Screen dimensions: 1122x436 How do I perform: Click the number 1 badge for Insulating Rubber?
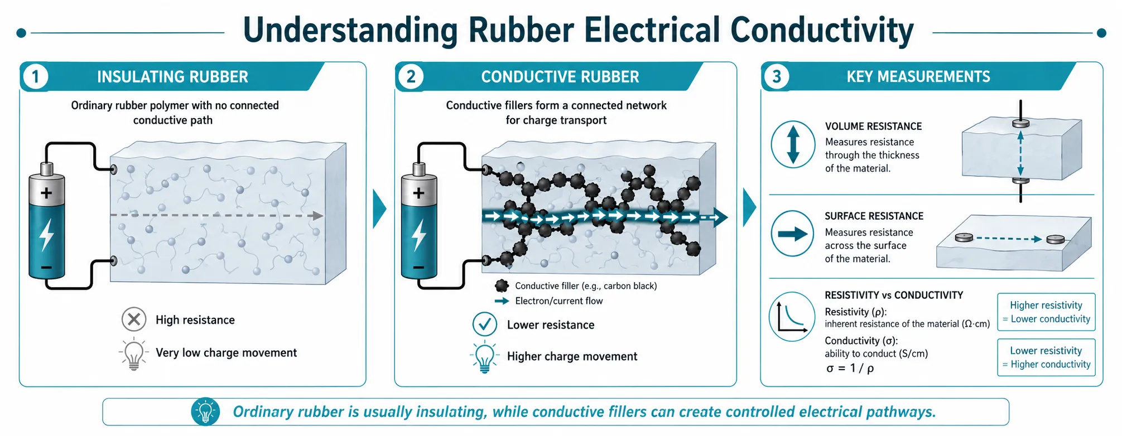pos(36,76)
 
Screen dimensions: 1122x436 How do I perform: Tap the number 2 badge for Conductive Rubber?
pos(411,76)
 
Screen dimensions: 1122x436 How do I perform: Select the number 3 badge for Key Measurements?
pos(777,76)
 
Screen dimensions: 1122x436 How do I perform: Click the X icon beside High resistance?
pos(134,319)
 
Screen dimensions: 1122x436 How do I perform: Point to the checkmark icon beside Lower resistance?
pos(485,324)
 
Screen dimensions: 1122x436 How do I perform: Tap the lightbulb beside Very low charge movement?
pos(134,353)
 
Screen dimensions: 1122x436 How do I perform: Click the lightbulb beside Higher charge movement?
pos(485,357)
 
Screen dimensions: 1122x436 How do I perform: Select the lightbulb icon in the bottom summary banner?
pos(206,412)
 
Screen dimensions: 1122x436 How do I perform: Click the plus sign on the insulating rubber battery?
pos(46,193)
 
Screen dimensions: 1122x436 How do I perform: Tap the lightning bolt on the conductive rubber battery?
pos(419,235)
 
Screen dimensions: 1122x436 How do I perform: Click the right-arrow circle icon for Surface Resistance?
pos(793,234)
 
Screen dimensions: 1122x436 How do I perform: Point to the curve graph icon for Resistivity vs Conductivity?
pos(792,317)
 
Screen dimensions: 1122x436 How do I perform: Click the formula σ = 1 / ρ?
pos(850,368)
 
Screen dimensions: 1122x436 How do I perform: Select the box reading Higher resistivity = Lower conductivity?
pos(1046,312)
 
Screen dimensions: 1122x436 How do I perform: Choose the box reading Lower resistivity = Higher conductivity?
pos(1046,357)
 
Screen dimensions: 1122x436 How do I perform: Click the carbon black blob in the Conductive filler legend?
pos(502,286)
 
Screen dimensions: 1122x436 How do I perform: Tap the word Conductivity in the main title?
pos(822,30)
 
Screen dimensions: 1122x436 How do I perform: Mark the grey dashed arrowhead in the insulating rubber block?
pos(318,216)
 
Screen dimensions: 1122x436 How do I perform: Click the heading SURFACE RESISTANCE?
pos(874,216)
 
